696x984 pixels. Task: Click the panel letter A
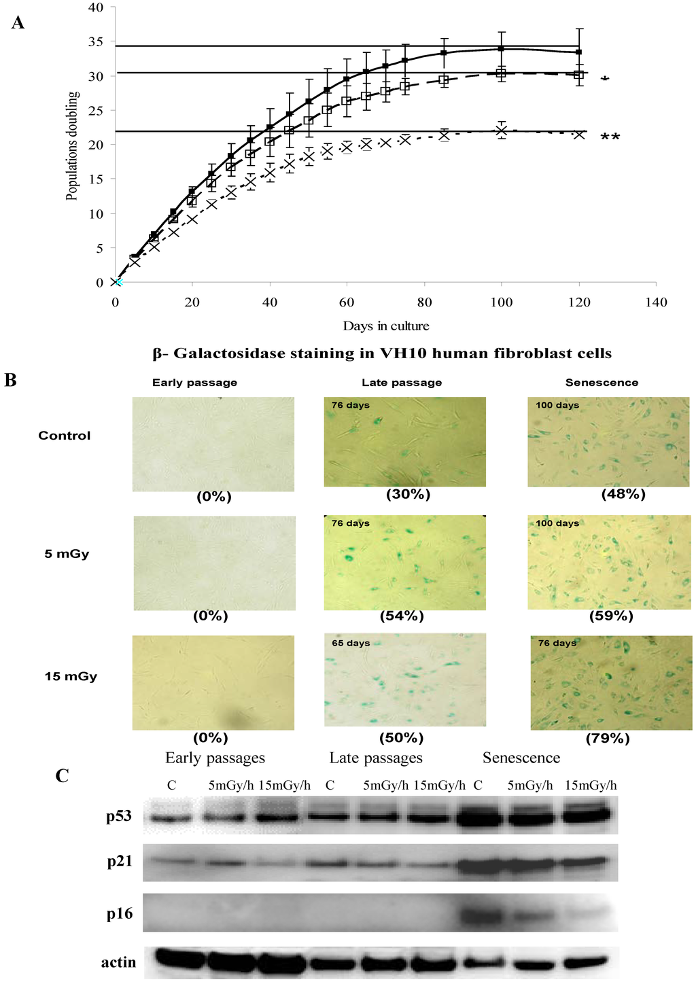pyautogui.click(x=18, y=23)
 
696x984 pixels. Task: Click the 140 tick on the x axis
pyautogui.click(x=657, y=302)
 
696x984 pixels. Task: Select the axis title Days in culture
pyautogui.click(x=385, y=326)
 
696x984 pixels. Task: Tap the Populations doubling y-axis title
pyautogui.click(x=71, y=145)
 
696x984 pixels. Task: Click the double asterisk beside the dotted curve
pyautogui.click(x=610, y=138)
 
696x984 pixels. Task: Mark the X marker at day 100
pyautogui.click(x=502, y=130)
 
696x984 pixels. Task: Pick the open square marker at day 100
pyautogui.click(x=501, y=73)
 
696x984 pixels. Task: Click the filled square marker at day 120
pyautogui.click(x=578, y=52)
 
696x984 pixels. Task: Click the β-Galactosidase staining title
pyautogui.click(x=382, y=353)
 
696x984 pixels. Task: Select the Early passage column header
pyautogui.click(x=194, y=383)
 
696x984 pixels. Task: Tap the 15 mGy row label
pyautogui.click(x=71, y=676)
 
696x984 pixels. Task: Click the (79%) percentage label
pyautogui.click(x=607, y=738)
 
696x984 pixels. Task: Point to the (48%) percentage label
pyautogui.click(x=623, y=495)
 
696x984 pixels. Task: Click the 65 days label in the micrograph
pyautogui.click(x=351, y=643)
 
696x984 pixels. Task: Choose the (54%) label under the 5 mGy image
pyautogui.click(x=402, y=616)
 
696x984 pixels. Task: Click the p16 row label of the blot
pyautogui.click(x=120, y=914)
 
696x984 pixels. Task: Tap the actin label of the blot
pyautogui.click(x=118, y=962)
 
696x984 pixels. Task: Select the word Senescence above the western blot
pyautogui.click(x=521, y=758)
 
